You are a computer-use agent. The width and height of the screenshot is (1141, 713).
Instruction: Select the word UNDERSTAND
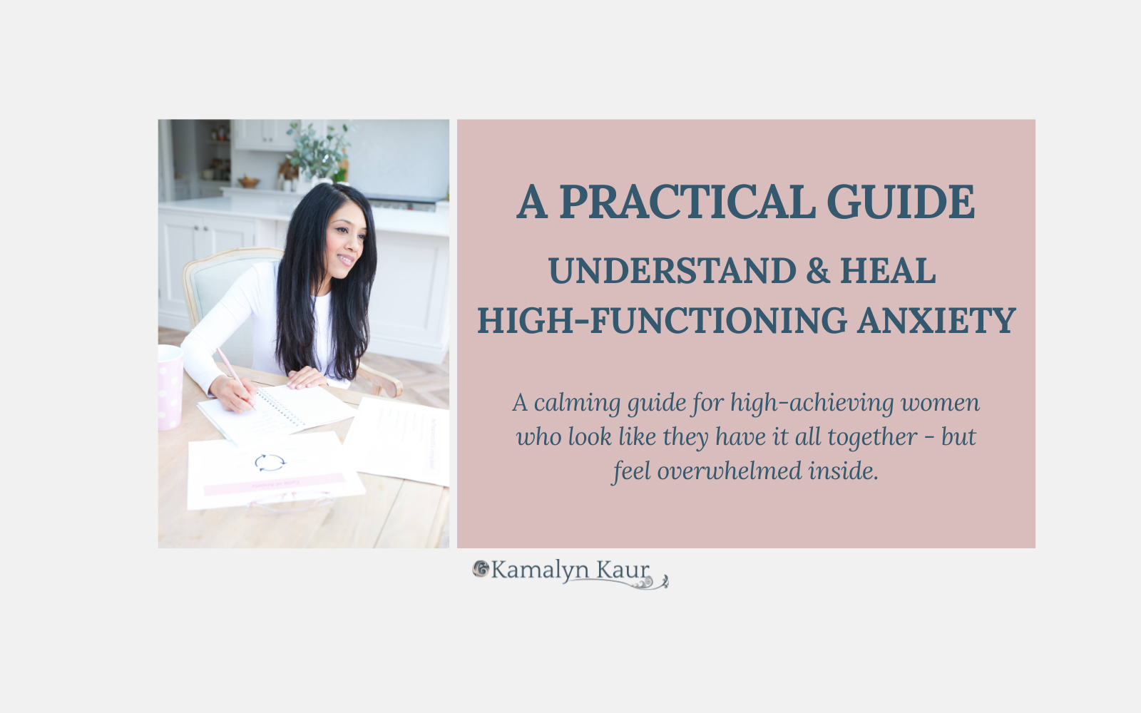coord(672,270)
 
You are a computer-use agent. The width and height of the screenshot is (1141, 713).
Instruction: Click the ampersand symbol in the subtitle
coord(818,270)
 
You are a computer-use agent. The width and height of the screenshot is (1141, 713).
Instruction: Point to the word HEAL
coord(888,270)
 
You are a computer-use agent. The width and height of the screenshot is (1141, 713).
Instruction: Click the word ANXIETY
coord(937,320)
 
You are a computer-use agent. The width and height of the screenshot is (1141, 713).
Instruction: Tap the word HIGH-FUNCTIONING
coord(662,320)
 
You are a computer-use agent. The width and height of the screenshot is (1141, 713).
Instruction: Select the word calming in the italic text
coord(577,404)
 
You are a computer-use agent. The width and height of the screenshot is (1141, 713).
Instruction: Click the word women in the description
coord(941,404)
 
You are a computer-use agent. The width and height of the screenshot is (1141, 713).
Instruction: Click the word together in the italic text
coord(873,438)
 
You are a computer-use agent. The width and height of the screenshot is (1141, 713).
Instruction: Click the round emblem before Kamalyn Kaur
coord(481,569)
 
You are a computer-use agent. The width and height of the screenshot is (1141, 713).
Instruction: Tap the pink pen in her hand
coord(235,378)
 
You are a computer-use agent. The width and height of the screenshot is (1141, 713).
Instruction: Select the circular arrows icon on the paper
coord(270,463)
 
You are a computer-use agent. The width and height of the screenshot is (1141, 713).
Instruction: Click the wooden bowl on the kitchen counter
coord(249,182)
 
